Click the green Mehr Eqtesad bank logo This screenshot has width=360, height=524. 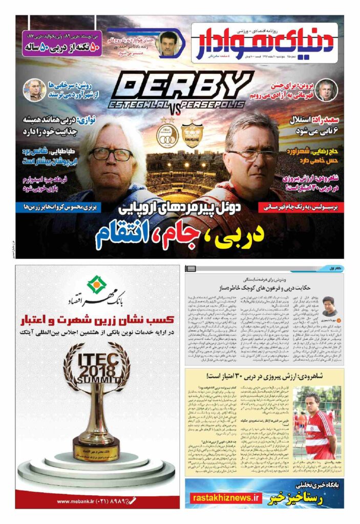(95, 283)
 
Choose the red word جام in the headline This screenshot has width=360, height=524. (185, 235)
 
